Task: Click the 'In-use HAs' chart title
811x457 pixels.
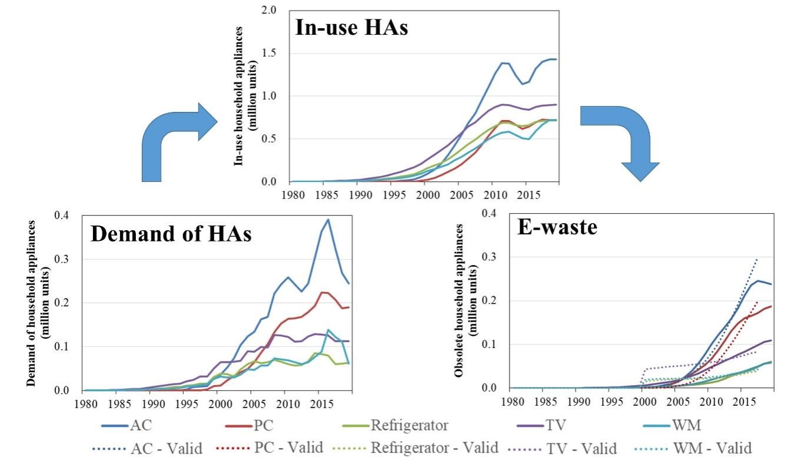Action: point(351,28)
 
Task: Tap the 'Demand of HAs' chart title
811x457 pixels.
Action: point(171,234)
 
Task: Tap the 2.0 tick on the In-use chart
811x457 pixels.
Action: point(268,11)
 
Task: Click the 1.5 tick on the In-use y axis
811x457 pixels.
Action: point(268,54)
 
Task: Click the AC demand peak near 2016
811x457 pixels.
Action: point(328,219)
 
